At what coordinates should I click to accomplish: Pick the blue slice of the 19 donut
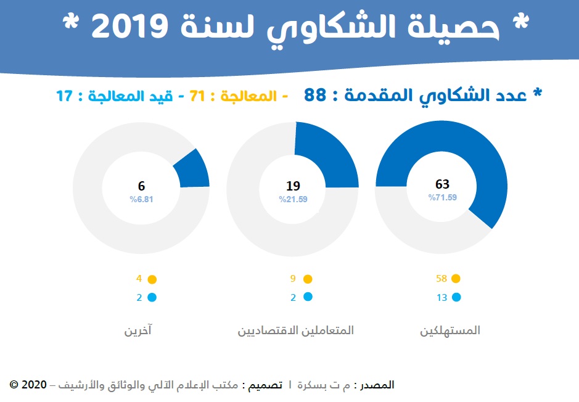pyautogui.click(x=327, y=154)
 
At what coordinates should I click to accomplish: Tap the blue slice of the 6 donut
pyautogui.click(x=193, y=169)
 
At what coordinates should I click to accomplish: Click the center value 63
pyautogui.click(x=442, y=184)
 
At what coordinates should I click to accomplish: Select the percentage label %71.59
pyautogui.click(x=442, y=197)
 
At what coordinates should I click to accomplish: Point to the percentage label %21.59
pyautogui.click(x=293, y=199)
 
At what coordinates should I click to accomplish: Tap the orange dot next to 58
pyautogui.click(x=456, y=279)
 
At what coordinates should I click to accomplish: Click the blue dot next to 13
pyautogui.click(x=456, y=297)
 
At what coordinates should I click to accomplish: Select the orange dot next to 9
pyautogui.click(x=308, y=279)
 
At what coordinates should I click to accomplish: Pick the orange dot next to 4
pyautogui.click(x=152, y=279)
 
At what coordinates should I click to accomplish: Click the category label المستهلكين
pyautogui.click(x=450, y=330)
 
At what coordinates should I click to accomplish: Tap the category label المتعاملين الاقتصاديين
pyautogui.click(x=296, y=330)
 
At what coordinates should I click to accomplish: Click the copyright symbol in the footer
pyautogui.click(x=14, y=385)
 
